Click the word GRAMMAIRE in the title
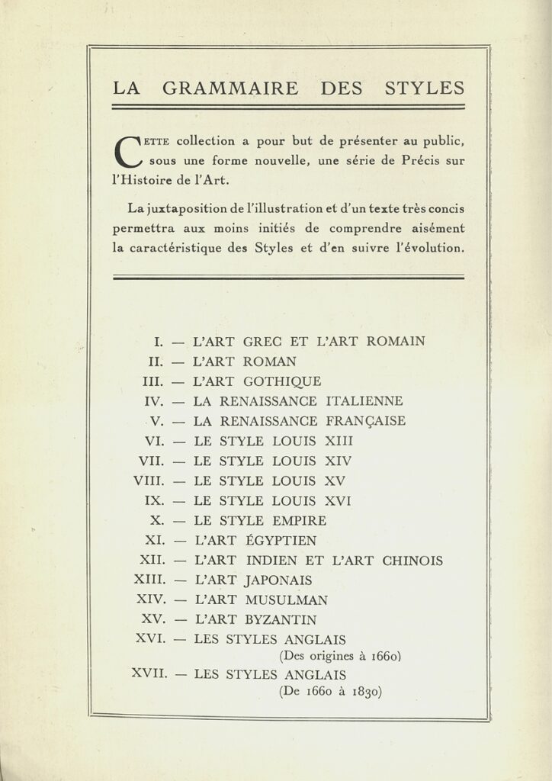click(231, 88)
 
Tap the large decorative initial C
click(127, 151)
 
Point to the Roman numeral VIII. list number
click(148, 481)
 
